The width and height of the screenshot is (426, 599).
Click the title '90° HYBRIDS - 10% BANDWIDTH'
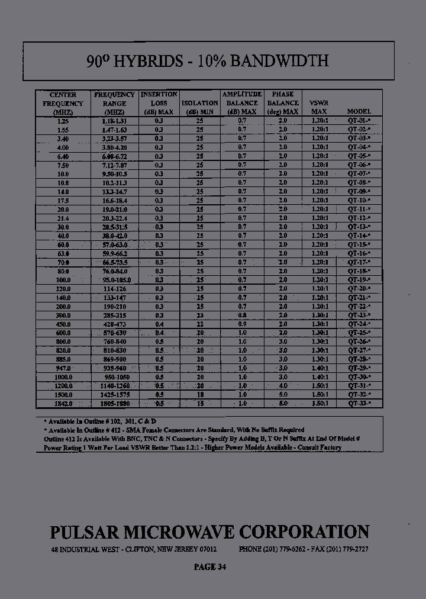[207, 61]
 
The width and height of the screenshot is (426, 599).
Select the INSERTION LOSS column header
[159, 103]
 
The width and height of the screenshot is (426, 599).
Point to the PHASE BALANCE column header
[282, 103]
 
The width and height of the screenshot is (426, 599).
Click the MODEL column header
[359, 111]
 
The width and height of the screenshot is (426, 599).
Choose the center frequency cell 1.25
[63, 121]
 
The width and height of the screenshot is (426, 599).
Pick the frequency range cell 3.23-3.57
[114, 139]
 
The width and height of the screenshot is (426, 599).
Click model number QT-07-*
[359, 174]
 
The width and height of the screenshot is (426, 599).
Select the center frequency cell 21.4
[63, 218]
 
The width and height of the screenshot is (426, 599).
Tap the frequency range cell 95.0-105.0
[114, 280]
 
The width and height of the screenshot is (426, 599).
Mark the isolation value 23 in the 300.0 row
[199, 315]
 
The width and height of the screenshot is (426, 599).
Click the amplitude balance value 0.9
[242, 324]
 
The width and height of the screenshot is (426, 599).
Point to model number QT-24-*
[359, 324]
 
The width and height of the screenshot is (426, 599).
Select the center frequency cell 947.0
[63, 368]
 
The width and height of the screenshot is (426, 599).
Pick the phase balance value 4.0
[282, 386]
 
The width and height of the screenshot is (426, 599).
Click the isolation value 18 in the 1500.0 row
[199, 395]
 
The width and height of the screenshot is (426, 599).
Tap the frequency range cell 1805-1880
[114, 404]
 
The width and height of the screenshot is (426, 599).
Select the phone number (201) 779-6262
[282, 549]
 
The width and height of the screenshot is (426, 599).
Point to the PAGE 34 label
[209, 567]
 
